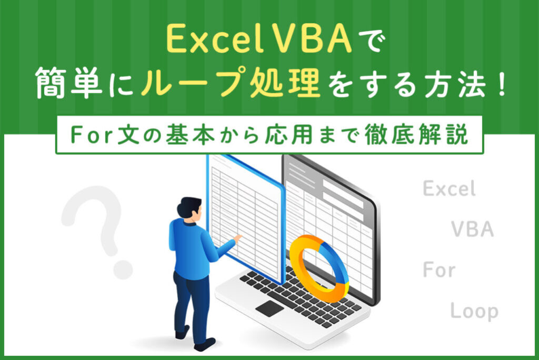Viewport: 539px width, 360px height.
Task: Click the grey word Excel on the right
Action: [449, 189]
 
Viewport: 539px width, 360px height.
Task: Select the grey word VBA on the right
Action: [472, 230]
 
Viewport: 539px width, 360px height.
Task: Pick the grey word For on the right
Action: [439, 271]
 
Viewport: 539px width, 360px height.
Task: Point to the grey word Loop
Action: [474, 311]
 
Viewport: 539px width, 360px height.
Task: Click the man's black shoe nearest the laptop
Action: [205, 344]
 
